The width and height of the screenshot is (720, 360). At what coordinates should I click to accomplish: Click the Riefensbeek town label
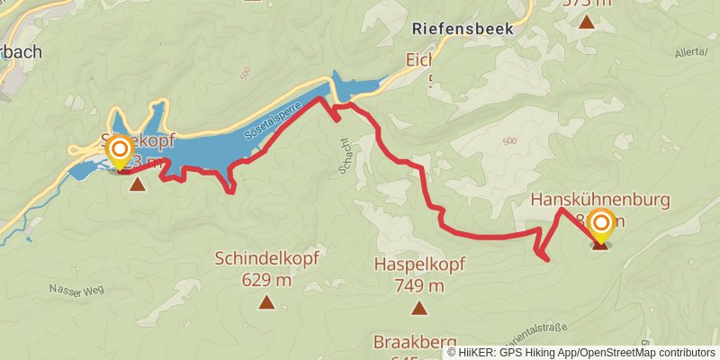[x=462, y=28]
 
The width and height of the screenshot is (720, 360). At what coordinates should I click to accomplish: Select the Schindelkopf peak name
[x=265, y=259]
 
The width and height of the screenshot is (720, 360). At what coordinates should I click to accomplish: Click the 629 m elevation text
[x=266, y=280]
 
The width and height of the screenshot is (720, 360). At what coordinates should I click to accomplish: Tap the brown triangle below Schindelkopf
[x=266, y=301]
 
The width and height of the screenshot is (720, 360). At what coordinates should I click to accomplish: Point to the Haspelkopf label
[x=418, y=265]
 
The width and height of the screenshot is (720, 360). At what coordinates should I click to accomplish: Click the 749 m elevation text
[x=418, y=286]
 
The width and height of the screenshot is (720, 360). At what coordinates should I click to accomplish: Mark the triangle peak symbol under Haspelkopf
[x=418, y=309]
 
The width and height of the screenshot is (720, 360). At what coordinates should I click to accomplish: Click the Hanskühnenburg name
[x=599, y=200]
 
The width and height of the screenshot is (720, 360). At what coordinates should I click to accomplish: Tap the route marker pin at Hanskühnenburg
[x=599, y=225]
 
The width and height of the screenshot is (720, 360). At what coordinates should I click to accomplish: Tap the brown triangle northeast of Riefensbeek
[x=586, y=21]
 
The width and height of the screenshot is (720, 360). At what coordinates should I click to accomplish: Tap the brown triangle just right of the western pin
[x=137, y=184]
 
